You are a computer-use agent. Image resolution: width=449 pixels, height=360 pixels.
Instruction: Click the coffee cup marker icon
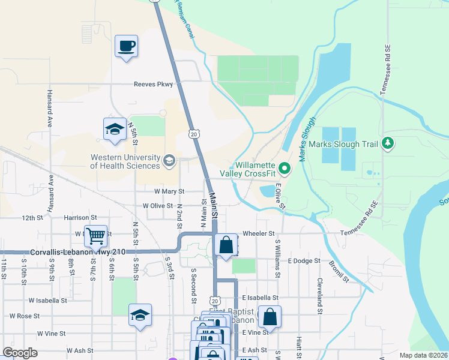126,46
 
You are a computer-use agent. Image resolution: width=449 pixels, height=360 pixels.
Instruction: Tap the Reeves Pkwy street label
153,85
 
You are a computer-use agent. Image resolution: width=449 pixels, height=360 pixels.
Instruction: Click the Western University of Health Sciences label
125,161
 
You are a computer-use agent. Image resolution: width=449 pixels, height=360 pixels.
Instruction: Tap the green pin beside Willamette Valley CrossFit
285,170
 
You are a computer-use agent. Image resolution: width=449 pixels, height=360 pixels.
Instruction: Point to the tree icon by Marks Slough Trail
388,143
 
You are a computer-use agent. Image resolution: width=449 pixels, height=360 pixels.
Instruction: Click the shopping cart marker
95,237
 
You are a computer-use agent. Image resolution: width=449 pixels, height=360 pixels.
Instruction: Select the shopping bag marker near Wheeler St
226,245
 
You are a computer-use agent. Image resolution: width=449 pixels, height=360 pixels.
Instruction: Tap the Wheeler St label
258,233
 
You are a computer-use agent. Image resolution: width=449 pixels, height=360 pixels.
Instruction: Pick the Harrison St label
80,217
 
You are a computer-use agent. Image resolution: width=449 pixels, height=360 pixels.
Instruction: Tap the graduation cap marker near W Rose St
140,315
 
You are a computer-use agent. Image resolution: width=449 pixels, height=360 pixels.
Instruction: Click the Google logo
20,353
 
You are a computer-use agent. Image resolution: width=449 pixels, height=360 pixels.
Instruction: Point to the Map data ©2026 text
424,355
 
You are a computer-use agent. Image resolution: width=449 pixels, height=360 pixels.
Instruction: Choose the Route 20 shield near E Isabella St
215,300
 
